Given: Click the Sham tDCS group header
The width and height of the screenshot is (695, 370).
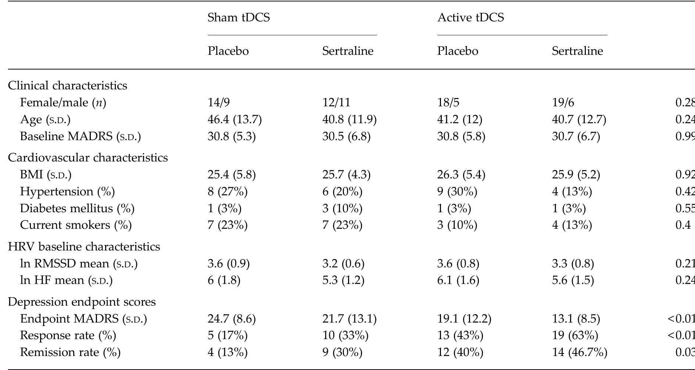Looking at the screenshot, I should (239, 17).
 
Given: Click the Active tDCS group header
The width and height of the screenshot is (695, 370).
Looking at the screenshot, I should (470, 17).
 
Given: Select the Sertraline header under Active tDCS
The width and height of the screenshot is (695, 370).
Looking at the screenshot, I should (577, 51).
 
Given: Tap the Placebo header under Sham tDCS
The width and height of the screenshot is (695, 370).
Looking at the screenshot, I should (228, 51).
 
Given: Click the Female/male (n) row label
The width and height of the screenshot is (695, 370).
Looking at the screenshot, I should (63, 103).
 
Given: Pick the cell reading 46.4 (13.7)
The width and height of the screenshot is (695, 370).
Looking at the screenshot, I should (234, 120).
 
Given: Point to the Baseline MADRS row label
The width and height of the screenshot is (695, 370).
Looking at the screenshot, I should (80, 136).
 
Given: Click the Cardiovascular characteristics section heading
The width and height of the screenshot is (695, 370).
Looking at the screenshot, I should (88, 157).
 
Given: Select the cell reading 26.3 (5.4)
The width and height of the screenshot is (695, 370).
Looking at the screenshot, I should (461, 174).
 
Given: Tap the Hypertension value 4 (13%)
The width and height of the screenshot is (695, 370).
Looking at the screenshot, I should (572, 192).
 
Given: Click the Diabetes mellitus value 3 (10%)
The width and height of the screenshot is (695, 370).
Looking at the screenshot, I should (342, 209).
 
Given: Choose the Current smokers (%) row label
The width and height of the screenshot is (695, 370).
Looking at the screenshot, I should (76, 225).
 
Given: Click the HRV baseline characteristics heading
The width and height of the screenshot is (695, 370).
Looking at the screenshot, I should (84, 246).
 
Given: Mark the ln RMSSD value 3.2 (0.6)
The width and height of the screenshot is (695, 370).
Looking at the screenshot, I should (343, 264).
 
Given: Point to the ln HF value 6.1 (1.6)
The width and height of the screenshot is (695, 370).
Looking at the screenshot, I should (458, 280).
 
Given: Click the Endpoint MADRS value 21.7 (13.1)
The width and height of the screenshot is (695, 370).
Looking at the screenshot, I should (349, 319).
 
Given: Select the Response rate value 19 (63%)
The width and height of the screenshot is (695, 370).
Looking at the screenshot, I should (575, 335).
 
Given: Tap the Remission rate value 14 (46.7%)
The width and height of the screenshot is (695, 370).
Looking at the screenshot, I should (579, 352).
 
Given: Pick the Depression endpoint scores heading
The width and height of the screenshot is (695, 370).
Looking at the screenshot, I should (82, 302).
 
